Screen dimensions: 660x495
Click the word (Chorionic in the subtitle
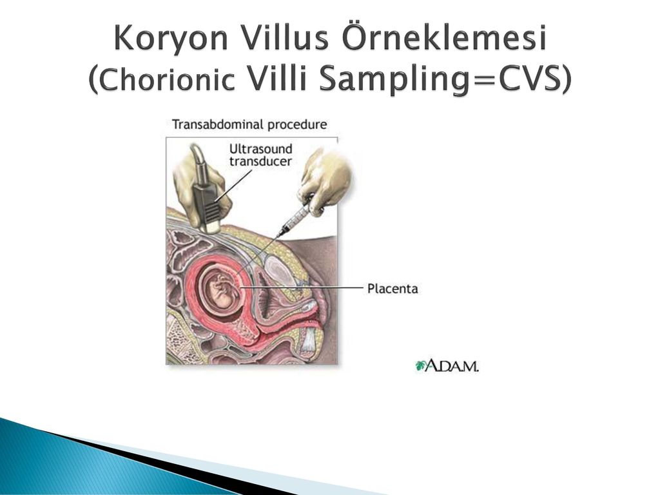coord(161,79)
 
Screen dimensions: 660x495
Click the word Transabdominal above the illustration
coord(218,124)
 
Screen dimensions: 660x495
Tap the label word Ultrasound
coord(260,149)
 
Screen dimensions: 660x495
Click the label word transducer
coord(260,161)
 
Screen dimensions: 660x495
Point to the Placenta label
coord(393,289)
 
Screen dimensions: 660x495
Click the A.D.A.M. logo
coord(447,365)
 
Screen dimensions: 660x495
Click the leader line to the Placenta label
coord(302,288)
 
